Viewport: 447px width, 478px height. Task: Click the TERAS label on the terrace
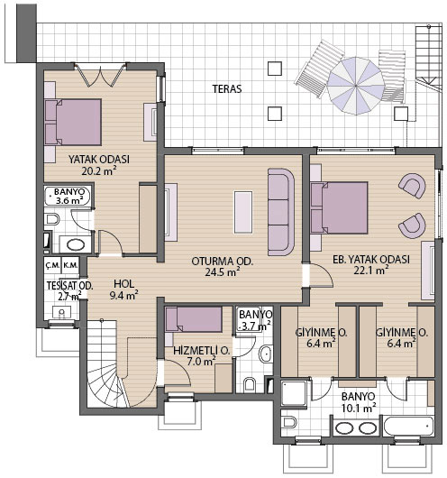tap(227, 88)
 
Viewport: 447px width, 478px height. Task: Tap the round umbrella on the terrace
tap(356, 86)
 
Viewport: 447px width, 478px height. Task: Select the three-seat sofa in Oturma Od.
tap(281, 212)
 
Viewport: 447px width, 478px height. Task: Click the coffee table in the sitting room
tap(243, 212)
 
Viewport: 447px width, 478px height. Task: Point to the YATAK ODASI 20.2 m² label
tap(99, 165)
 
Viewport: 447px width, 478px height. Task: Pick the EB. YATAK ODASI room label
tap(370, 260)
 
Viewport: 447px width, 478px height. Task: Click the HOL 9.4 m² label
tap(124, 290)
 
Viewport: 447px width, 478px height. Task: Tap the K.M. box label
tap(70, 265)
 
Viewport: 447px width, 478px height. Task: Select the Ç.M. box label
tap(52, 265)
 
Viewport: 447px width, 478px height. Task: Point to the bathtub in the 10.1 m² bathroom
tap(408, 427)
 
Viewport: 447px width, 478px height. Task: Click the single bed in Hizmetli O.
tap(193, 319)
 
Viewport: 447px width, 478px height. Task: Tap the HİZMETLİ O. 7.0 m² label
tap(201, 356)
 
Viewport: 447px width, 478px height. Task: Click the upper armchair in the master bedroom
tap(412, 186)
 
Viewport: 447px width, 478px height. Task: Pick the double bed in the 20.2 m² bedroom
tap(73, 122)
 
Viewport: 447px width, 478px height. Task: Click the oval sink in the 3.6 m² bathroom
tap(76, 244)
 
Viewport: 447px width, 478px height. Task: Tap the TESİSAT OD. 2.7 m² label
tap(69, 290)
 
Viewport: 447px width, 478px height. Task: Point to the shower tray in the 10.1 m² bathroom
tap(294, 393)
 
